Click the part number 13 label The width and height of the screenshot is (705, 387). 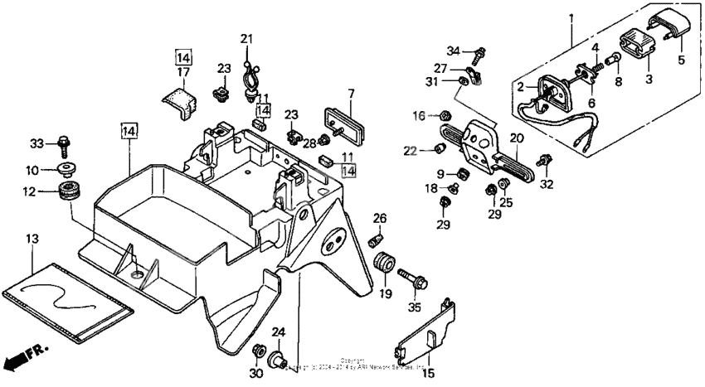[32, 239]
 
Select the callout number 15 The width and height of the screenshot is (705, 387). [428, 373]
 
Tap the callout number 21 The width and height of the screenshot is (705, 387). [246, 38]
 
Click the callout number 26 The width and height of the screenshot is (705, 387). [380, 218]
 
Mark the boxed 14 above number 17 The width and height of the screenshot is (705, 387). [183, 57]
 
